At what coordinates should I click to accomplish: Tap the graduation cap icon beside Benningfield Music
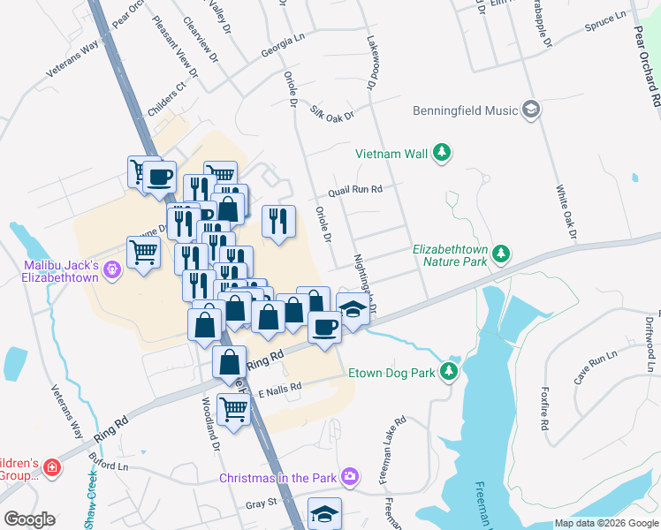click(531, 110)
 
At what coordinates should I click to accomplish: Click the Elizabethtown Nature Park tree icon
click(502, 254)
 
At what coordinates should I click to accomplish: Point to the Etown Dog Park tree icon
click(452, 372)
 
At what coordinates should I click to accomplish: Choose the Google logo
click(29, 519)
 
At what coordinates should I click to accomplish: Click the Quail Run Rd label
click(354, 189)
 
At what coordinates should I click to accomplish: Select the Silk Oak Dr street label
click(331, 113)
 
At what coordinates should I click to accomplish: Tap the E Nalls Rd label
click(280, 387)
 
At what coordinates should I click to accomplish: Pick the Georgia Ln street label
click(282, 53)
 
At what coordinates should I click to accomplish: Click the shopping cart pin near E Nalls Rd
click(232, 409)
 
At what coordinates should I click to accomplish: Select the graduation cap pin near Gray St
click(324, 512)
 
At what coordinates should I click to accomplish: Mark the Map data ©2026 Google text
click(606, 523)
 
